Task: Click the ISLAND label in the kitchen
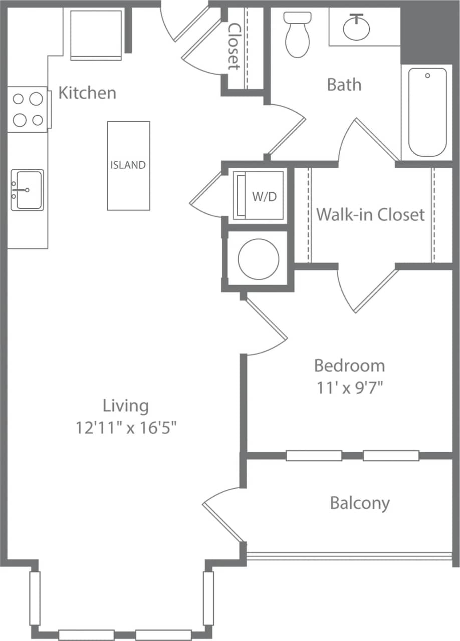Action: tap(128, 165)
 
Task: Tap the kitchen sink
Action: tap(28, 190)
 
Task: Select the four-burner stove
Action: tap(28, 110)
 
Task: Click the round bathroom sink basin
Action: tap(356, 28)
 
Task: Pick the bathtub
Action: tap(427, 112)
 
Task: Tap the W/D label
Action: tap(264, 197)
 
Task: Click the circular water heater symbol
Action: tap(259, 258)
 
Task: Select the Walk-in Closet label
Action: tap(370, 215)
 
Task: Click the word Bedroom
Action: tap(349, 366)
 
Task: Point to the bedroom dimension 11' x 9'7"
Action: tap(349, 387)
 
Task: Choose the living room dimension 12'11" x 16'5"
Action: tap(126, 428)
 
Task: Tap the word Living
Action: tap(126, 405)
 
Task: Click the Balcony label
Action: tap(360, 503)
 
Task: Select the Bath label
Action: tap(344, 84)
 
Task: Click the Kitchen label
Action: tap(87, 93)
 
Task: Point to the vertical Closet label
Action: tap(234, 46)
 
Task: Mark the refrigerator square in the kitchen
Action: tap(96, 34)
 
